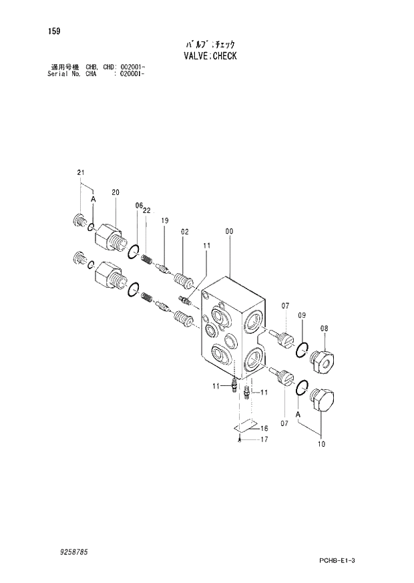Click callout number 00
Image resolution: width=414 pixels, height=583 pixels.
coord(229,232)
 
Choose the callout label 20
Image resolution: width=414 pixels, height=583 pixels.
coord(115,192)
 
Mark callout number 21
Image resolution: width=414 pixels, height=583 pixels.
coord(81,173)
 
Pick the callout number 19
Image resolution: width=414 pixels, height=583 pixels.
coord(164,220)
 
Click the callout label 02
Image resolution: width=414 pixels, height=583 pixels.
coord(184,232)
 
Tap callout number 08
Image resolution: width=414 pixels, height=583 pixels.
coord(324,328)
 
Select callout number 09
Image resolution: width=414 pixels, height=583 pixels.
coord(302,315)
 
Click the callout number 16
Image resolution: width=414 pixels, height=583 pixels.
coord(264,428)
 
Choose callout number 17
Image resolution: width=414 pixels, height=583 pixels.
coord(264,439)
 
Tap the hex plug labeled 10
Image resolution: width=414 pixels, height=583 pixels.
coord(327,402)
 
